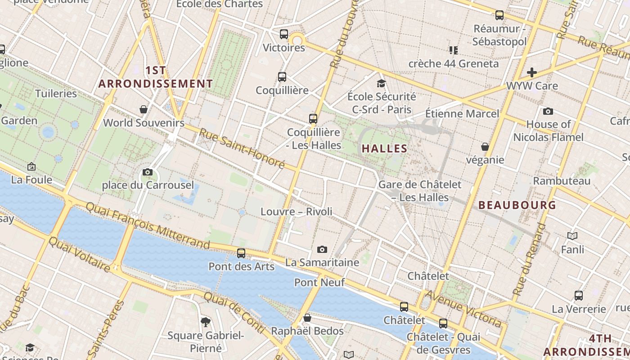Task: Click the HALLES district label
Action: [x=384, y=148]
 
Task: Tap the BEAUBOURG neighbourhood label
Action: [x=517, y=205]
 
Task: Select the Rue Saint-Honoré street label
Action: [x=242, y=148]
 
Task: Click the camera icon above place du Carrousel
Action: [x=148, y=172]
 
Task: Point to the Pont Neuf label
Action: [x=319, y=283]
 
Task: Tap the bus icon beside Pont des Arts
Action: [x=241, y=253]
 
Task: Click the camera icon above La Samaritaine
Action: [x=322, y=249]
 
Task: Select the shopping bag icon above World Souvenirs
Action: [x=144, y=109]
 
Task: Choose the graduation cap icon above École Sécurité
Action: [x=382, y=83]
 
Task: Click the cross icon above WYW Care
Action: [x=532, y=72]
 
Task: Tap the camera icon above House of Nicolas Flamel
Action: [x=548, y=111]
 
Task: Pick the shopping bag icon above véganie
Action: [x=485, y=147]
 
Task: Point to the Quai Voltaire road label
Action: [x=79, y=254]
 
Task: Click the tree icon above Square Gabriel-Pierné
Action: [x=206, y=322]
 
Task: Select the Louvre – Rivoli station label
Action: [x=297, y=211]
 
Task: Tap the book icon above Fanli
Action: [x=572, y=236]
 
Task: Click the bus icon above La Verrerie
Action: [x=579, y=296]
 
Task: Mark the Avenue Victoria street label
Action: [x=463, y=309]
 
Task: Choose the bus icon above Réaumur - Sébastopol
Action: [x=499, y=15]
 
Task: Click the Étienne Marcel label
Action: [x=462, y=113]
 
